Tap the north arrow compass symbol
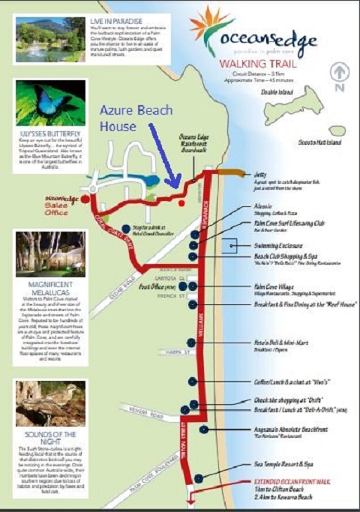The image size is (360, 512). click(x=339, y=73)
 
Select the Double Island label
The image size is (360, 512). click(x=277, y=92)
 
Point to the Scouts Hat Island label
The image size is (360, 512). click(x=320, y=142)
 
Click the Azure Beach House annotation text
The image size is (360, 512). click(x=136, y=118)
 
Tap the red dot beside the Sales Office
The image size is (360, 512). click(x=85, y=199)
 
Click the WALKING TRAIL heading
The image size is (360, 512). click(x=258, y=64)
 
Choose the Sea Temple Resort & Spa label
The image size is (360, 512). click(x=283, y=464)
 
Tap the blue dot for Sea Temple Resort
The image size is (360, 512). click(x=199, y=478)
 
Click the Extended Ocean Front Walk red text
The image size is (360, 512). click(x=292, y=482)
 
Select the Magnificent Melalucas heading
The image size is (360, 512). click(x=50, y=288)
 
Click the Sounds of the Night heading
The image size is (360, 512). click(x=50, y=438)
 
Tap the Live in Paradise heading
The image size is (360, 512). click(x=116, y=21)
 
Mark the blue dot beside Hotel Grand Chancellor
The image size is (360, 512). click(x=126, y=229)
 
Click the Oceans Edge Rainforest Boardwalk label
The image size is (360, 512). click(x=194, y=143)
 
